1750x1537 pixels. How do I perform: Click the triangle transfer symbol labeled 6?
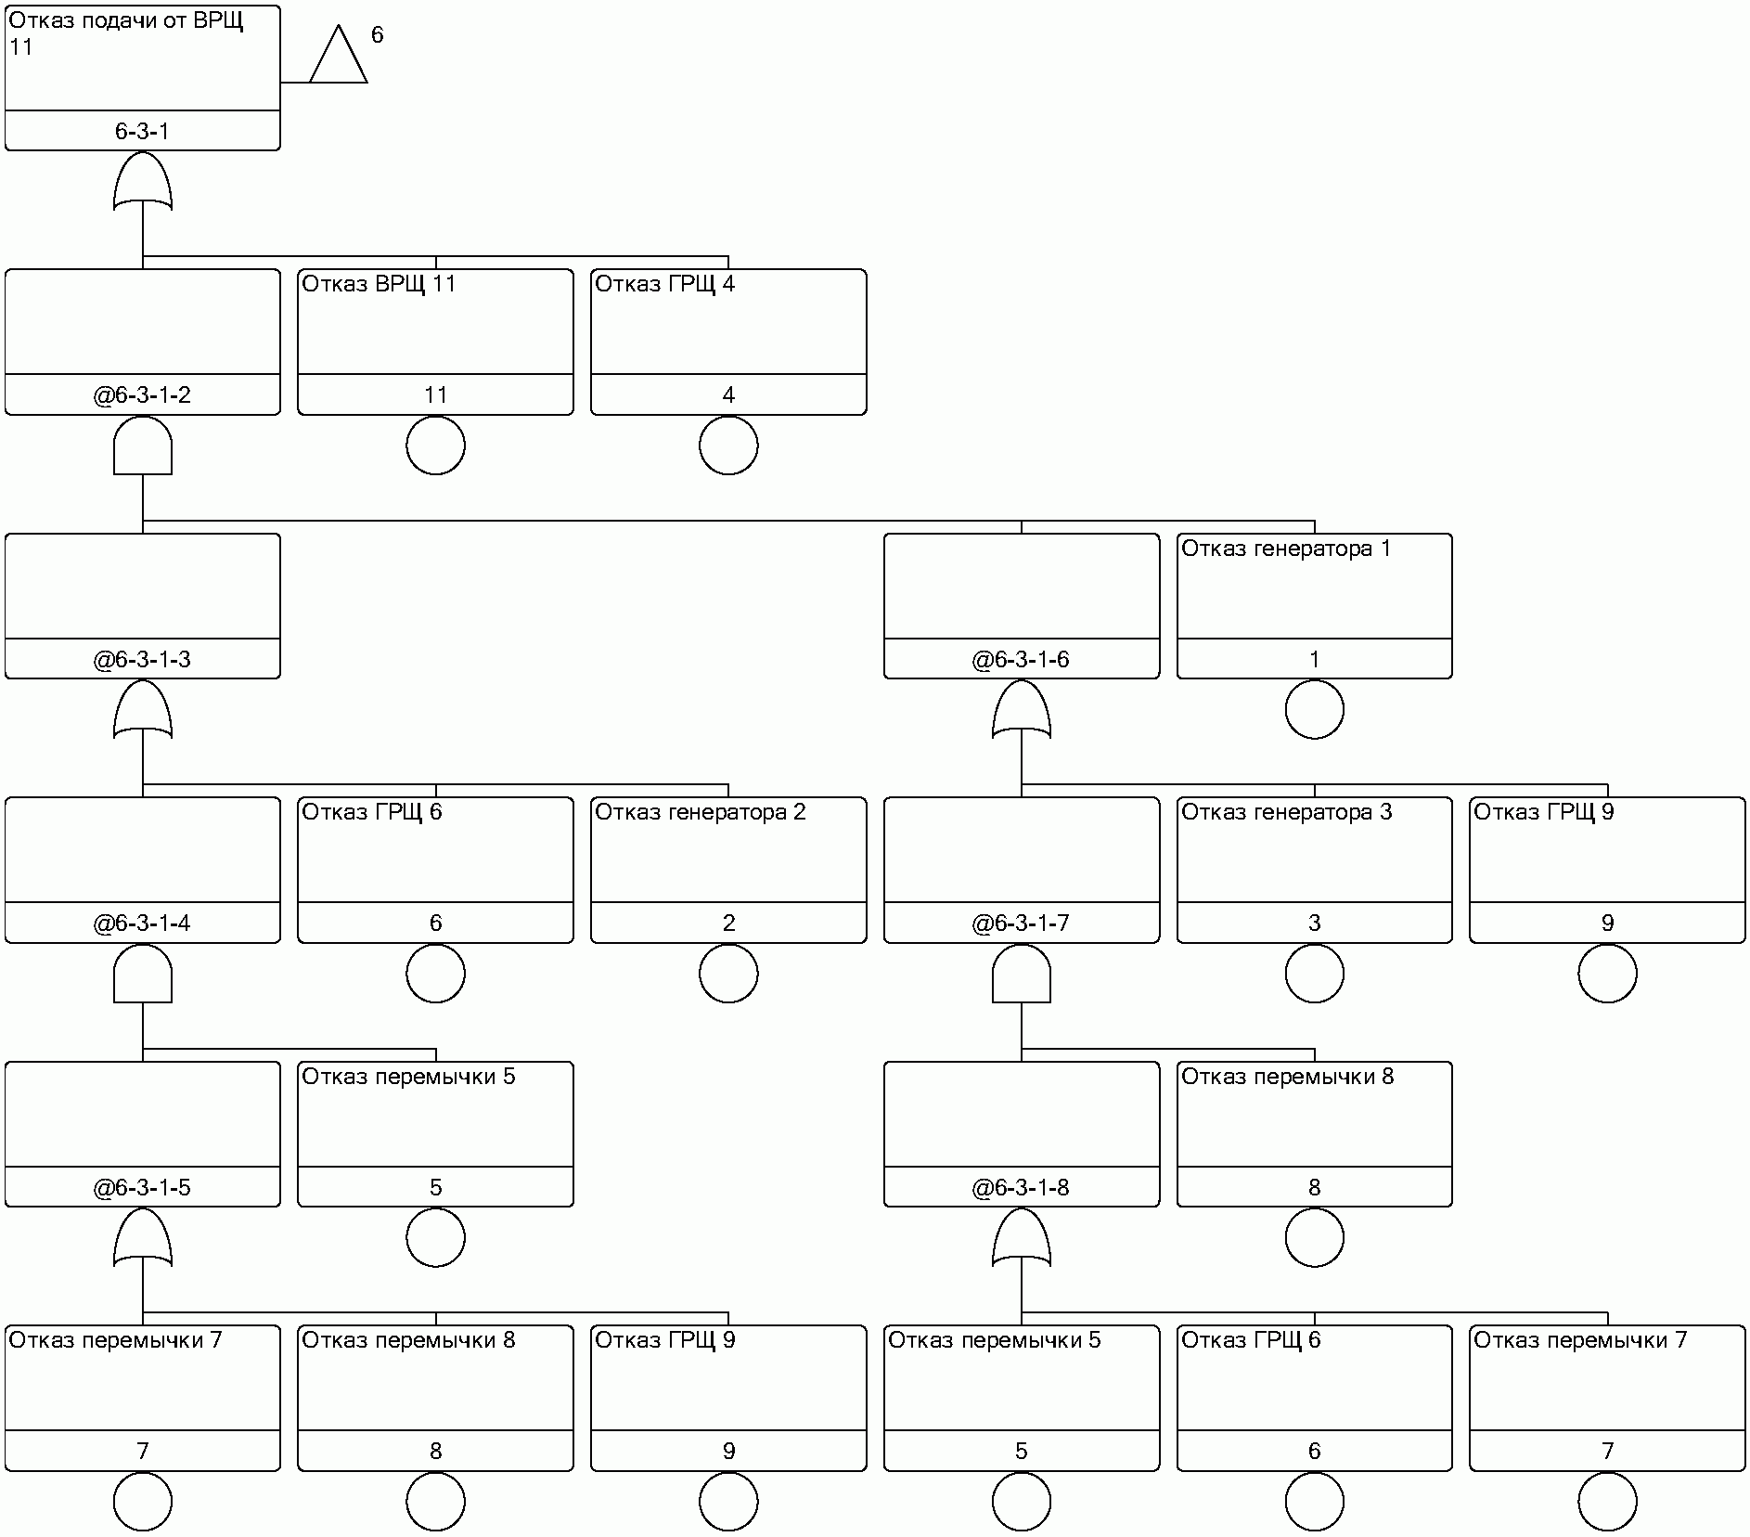[x=338, y=58]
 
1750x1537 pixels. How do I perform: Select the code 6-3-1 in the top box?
[x=142, y=132]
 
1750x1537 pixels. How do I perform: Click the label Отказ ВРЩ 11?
[x=379, y=284]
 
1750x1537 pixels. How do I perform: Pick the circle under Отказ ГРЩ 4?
[x=728, y=446]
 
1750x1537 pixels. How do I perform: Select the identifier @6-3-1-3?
[x=142, y=660]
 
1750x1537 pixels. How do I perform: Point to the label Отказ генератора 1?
[x=1285, y=549]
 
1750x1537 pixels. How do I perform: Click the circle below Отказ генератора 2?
[x=728, y=974]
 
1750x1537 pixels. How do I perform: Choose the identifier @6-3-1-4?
[x=142, y=923]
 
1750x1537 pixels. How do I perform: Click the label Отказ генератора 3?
[x=1286, y=812]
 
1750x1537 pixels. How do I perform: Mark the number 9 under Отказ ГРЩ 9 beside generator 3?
[x=1607, y=923]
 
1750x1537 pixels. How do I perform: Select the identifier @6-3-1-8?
[x=1021, y=1188]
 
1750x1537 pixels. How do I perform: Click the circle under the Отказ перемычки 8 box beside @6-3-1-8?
[x=1314, y=1238]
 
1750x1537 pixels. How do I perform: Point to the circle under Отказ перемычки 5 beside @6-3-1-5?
[x=435, y=1238]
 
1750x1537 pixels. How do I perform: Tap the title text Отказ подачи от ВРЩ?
[x=125, y=21]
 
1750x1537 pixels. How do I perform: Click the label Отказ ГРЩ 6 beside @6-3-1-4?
[x=371, y=812]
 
